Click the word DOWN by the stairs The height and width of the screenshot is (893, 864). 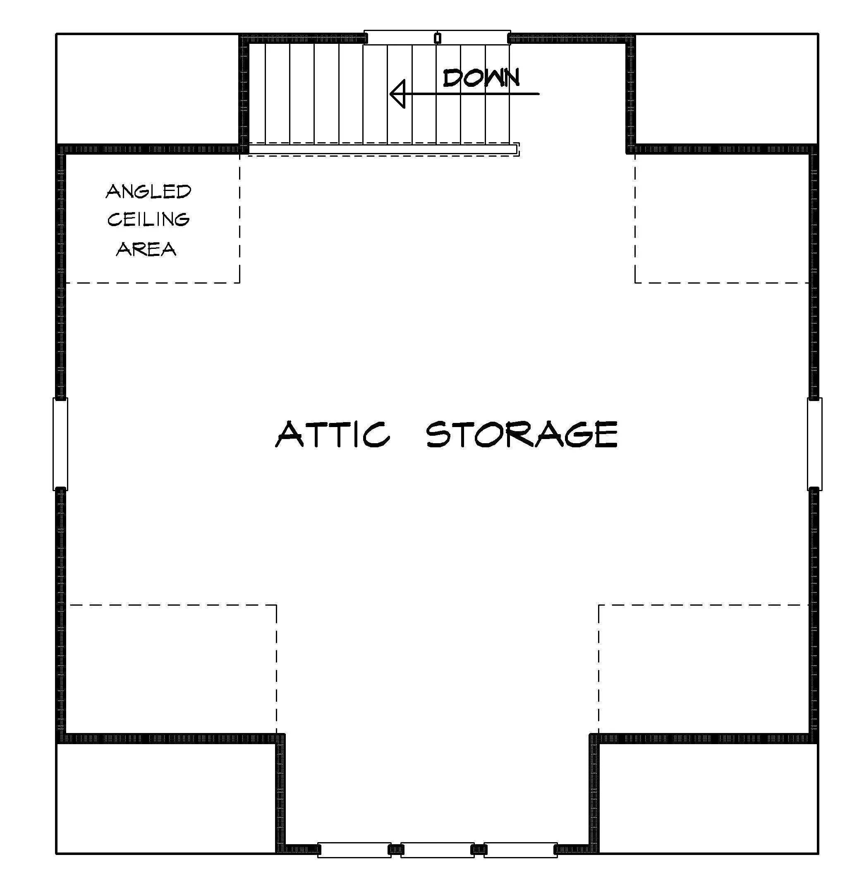pos(481,79)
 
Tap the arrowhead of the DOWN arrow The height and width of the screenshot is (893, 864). pos(397,94)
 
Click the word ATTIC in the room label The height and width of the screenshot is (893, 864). pos(333,434)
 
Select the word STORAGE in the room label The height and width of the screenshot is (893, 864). pos(522,434)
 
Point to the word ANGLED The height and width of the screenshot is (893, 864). pos(148,191)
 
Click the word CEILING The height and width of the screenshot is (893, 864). pos(148,220)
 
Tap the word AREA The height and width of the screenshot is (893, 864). pos(146,249)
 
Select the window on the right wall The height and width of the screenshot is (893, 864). pos(815,444)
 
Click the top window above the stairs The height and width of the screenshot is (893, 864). pos(437,37)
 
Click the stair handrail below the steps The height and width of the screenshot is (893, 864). pos(383,149)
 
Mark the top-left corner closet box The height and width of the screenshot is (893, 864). pos(148,89)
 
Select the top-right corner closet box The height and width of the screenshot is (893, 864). pos(726,89)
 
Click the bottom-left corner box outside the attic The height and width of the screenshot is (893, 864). pos(166,798)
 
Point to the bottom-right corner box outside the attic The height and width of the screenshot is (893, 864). pos(708,798)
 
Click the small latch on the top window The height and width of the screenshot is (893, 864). pos(438,38)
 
